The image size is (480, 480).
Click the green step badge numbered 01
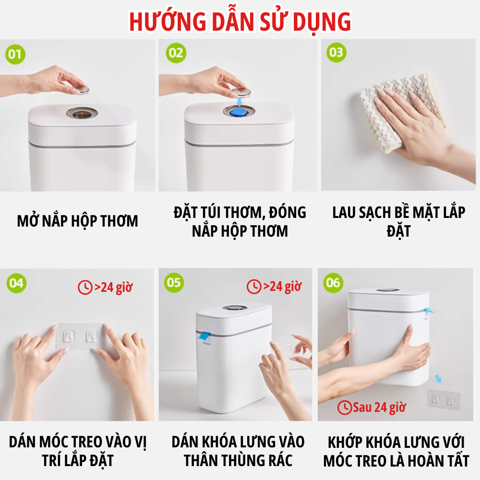pyautogui.click(x=15, y=55)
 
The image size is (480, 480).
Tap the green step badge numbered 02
pyautogui.click(x=176, y=53)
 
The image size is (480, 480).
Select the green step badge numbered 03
pyautogui.click(x=336, y=53)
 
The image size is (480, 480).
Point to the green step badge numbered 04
pyautogui.click(x=16, y=283)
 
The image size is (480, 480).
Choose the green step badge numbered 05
pyautogui.click(x=174, y=283)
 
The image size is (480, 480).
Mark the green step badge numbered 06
pyautogui.click(x=334, y=283)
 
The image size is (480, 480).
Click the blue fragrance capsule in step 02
pyautogui.click(x=239, y=112)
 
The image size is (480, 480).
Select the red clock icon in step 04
pyautogui.click(x=85, y=288)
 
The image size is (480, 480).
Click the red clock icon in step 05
pyautogui.click(x=254, y=287)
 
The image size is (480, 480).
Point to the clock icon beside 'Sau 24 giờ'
pyautogui.click(x=345, y=408)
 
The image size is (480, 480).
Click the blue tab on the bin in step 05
pyautogui.click(x=203, y=336)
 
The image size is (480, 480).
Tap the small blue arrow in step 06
pyautogui.click(x=438, y=379)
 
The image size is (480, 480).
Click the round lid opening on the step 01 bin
pyautogui.click(x=82, y=113)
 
